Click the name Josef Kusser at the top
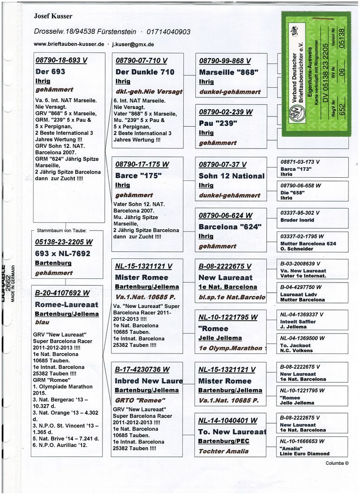click(x=53, y=16)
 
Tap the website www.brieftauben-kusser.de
click(x=69, y=45)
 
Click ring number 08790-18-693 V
click(x=61, y=60)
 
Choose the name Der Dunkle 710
click(x=145, y=72)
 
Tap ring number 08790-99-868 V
click(x=225, y=61)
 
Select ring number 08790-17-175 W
click(x=142, y=164)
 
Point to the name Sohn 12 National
click(x=231, y=176)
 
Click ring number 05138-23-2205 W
click(x=64, y=242)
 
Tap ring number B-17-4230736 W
click(x=142, y=369)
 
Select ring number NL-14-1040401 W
click(x=228, y=421)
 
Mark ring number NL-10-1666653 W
click(x=302, y=441)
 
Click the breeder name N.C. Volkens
click(x=297, y=350)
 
